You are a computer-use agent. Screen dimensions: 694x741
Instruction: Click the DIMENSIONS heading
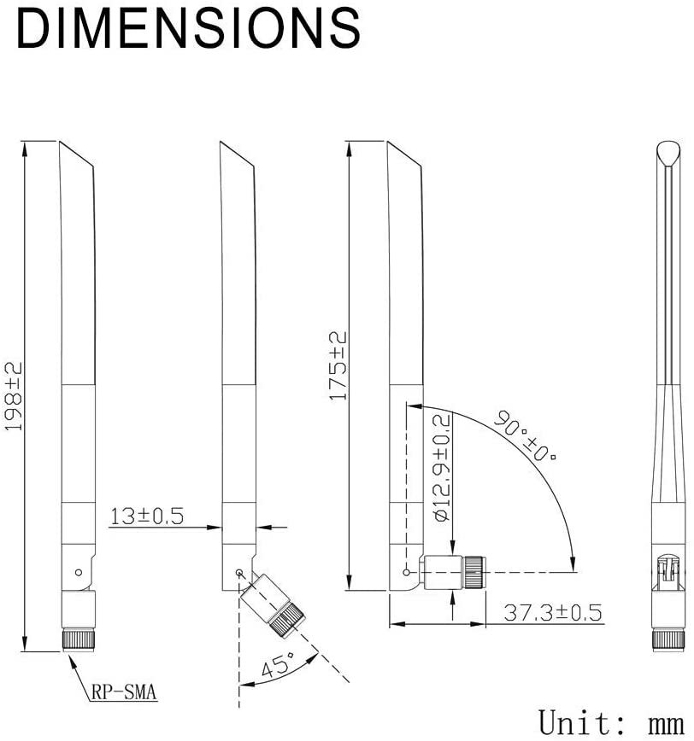[x=188, y=28]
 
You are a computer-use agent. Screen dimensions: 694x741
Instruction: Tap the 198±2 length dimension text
[x=14, y=396]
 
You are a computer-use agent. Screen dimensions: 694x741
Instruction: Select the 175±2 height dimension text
[x=338, y=365]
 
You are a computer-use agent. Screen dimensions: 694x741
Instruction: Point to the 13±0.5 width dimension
[x=147, y=516]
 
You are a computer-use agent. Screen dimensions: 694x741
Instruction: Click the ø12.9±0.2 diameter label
[x=442, y=468]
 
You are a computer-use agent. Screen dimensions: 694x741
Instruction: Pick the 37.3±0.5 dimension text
[x=553, y=612]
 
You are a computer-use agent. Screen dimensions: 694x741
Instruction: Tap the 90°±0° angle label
[x=525, y=435]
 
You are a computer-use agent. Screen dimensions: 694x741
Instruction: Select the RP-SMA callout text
[x=123, y=692]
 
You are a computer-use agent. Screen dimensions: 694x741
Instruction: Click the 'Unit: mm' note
[x=611, y=722]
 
